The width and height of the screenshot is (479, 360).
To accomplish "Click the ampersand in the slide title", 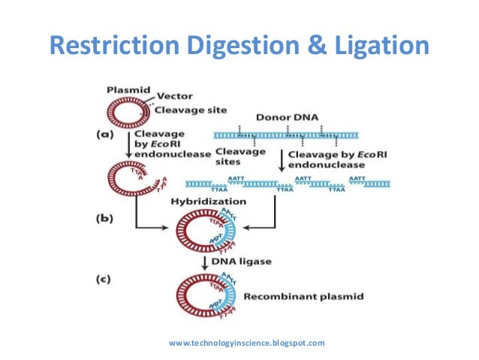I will coord(300,46).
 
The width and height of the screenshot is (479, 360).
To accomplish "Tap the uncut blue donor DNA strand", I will coord(300,135).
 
